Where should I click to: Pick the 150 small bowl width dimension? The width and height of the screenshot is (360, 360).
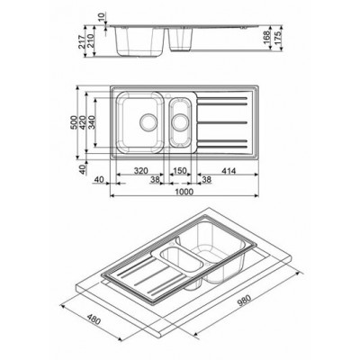(179, 167)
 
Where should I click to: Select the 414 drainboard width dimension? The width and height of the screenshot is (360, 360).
(226, 167)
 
